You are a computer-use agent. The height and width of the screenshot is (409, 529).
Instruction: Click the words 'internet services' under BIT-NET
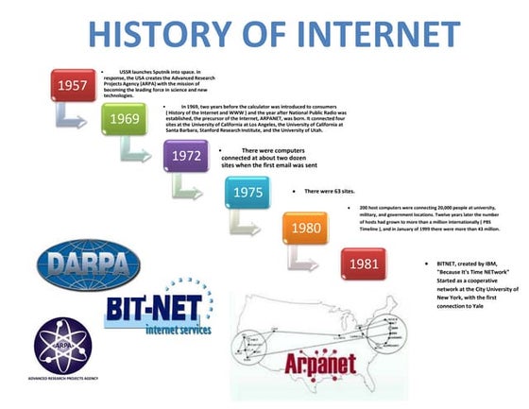(185, 329)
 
